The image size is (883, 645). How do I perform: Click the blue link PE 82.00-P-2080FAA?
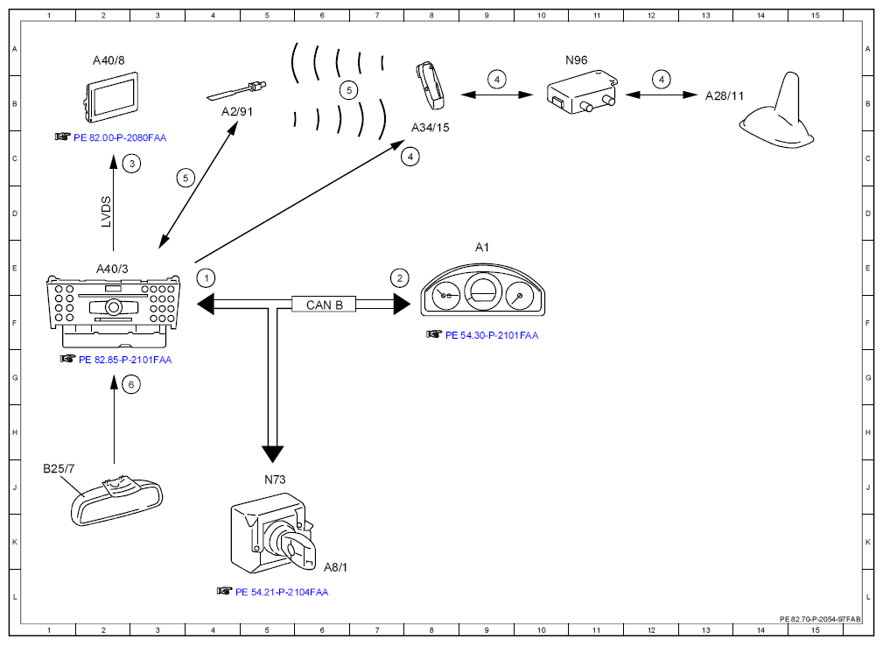pos(119,137)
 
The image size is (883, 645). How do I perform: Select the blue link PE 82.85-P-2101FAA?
pos(125,360)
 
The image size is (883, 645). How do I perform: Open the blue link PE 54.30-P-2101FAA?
pos(492,335)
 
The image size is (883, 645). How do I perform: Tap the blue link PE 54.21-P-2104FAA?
pos(282,592)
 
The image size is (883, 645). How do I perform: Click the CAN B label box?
pos(324,305)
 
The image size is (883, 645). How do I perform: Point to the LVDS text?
pos(106,212)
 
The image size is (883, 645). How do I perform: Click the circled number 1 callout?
pos(207,278)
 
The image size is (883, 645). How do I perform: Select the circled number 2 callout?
pos(400,278)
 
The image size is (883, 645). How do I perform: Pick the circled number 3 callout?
pos(132,164)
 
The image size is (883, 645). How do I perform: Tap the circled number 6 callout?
pos(131,385)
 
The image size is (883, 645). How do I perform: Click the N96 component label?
pos(576,60)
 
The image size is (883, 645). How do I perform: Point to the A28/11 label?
pos(725,96)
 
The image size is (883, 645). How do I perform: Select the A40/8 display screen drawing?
pos(111,97)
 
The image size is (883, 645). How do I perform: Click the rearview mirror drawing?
pos(116,501)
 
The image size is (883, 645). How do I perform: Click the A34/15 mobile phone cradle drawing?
pos(430,85)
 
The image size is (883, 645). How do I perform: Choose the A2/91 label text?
pos(237,111)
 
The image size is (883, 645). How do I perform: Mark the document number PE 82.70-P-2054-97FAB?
pos(820,619)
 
